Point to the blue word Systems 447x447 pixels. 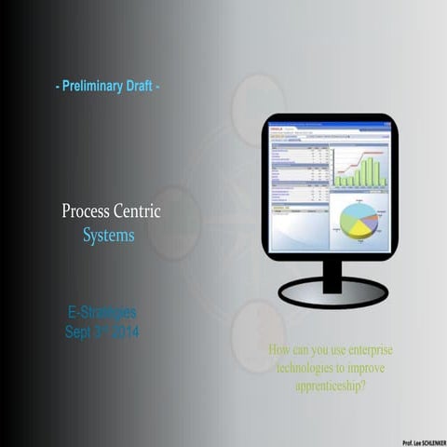click(108, 236)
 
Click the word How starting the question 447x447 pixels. click(279, 351)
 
